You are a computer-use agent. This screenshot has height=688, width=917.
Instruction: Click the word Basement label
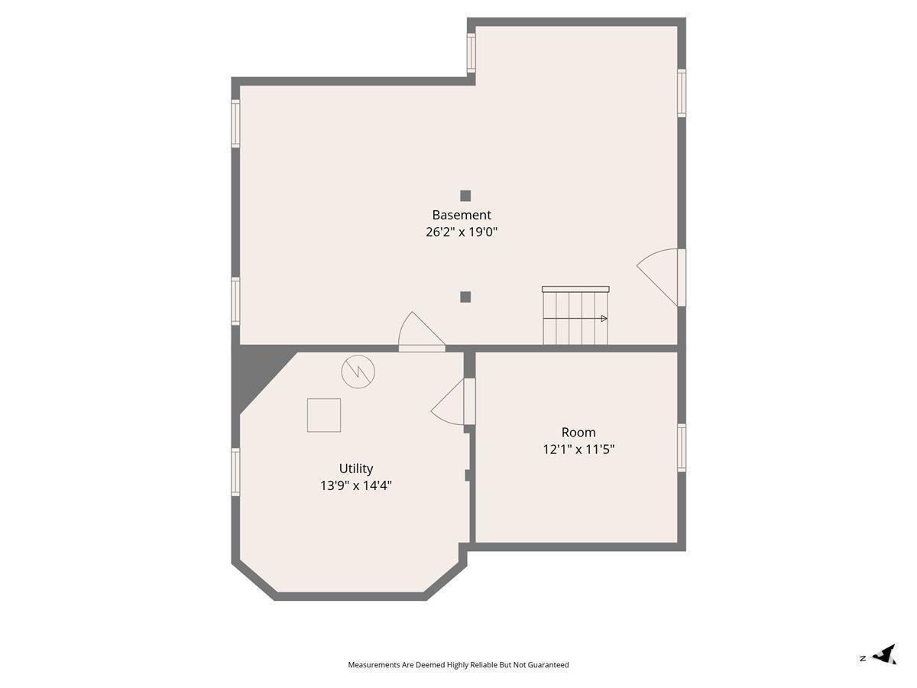(x=462, y=215)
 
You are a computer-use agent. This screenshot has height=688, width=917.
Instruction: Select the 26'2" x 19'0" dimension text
(x=462, y=232)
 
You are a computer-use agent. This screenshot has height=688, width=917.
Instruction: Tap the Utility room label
(x=356, y=469)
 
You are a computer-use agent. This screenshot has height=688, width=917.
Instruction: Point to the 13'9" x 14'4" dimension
(x=356, y=486)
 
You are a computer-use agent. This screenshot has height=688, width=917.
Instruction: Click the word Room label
(x=578, y=433)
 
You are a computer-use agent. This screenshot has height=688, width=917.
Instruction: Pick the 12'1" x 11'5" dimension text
(x=578, y=449)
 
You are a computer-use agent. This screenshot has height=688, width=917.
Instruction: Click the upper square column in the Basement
(x=465, y=196)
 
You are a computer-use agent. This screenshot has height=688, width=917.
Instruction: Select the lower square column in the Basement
(x=465, y=297)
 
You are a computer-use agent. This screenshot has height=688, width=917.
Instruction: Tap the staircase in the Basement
(x=575, y=316)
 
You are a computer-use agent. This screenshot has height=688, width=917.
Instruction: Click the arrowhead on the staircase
(x=604, y=319)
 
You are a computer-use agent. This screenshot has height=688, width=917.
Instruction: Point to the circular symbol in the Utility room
(x=358, y=372)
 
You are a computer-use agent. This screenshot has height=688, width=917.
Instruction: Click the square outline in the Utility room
(x=324, y=415)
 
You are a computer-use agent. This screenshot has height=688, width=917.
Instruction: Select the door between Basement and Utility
(x=422, y=332)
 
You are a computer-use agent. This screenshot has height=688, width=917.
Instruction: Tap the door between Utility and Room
(x=453, y=402)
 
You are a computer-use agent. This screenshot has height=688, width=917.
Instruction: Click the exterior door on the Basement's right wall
(x=661, y=277)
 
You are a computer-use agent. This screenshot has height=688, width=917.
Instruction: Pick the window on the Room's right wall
(x=682, y=447)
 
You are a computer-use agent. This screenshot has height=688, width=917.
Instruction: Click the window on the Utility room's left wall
(x=235, y=472)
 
